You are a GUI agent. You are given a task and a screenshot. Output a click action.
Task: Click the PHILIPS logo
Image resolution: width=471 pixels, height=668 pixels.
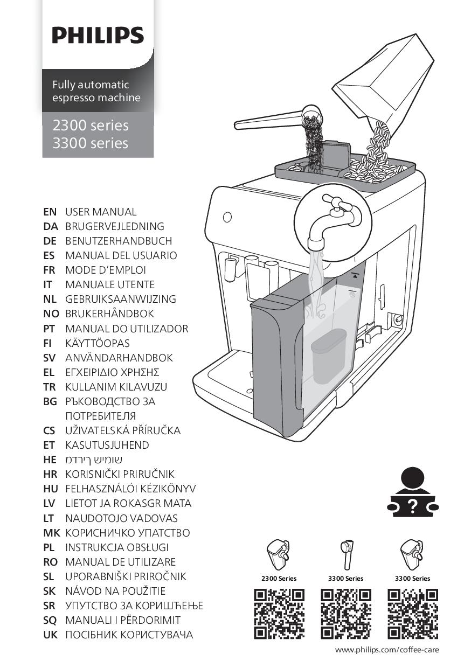[x=98, y=35]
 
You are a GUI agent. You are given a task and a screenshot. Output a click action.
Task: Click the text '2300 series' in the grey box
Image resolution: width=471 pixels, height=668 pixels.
[x=91, y=125]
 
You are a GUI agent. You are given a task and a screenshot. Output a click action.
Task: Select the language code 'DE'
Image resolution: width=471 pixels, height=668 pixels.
[x=50, y=241]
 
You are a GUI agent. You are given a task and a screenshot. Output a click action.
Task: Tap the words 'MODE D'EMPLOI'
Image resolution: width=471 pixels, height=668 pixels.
[x=106, y=270]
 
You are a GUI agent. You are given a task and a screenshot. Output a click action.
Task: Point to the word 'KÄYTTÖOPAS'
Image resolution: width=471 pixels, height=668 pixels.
[x=98, y=343]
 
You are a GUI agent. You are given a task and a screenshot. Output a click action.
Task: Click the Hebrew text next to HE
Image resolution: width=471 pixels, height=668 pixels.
[x=94, y=460]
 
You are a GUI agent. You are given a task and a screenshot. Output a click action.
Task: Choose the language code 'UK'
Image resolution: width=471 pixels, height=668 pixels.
[x=51, y=635]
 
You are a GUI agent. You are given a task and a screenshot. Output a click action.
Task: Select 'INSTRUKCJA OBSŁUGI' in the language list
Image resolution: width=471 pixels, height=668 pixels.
[x=117, y=547]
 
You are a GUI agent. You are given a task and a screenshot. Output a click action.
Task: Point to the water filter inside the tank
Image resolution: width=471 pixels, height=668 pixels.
[x=328, y=356]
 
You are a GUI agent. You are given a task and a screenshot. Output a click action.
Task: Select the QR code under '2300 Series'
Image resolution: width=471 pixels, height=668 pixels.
[x=279, y=614]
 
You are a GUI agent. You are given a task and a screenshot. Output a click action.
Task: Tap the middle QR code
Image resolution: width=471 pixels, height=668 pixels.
[x=346, y=614]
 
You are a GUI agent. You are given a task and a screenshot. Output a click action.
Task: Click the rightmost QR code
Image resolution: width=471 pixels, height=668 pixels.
[x=413, y=614]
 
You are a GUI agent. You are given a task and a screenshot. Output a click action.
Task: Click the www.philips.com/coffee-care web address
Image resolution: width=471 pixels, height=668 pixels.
[x=387, y=650]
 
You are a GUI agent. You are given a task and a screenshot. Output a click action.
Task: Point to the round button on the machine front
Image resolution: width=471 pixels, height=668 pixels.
[x=227, y=217]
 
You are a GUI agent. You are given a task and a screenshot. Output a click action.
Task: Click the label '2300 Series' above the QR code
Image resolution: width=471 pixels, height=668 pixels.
[x=279, y=579]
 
